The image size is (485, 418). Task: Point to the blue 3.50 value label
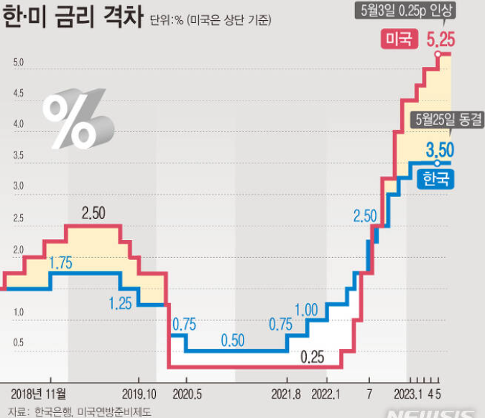pos(440,150)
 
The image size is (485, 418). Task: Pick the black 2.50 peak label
pos(94,213)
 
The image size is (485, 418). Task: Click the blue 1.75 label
pos(60,264)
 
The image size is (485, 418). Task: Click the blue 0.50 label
pos(232,339)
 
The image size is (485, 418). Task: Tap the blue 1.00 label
pos(306,310)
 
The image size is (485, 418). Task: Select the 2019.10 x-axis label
pos(139,393)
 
